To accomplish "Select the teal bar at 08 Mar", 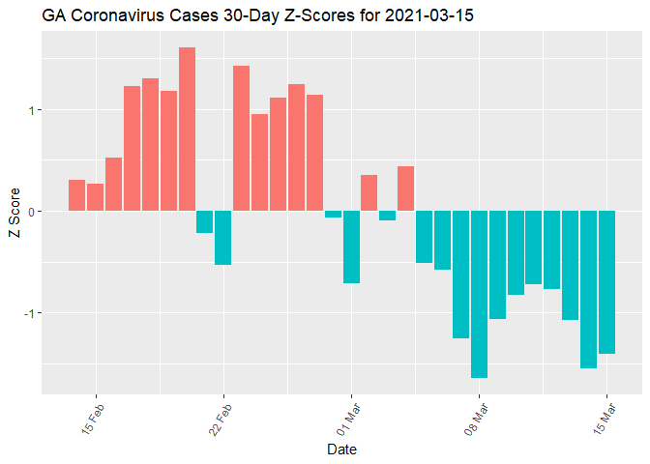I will [479, 294].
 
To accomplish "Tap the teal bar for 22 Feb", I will [223, 237].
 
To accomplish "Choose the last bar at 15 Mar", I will [606, 282].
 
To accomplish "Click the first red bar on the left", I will [77, 195].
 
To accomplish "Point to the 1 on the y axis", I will [31, 109].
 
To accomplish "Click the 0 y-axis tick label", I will [31, 211].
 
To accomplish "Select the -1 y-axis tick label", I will [29, 313].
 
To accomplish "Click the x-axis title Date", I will [342, 449].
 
